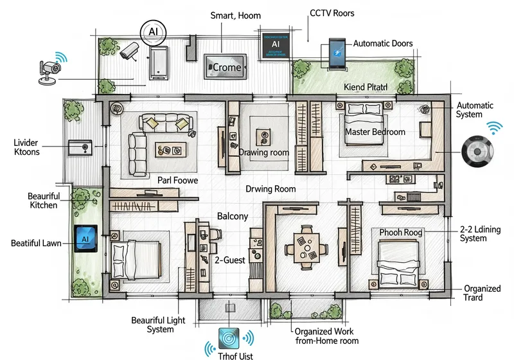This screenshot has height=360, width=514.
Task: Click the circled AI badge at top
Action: coord(153,31)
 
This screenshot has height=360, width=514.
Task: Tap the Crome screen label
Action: coord(226,67)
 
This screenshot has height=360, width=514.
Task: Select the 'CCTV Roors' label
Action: coord(332,12)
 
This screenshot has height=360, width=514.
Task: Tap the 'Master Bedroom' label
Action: coord(375,132)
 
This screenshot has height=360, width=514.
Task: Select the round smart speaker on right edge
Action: coord(478,152)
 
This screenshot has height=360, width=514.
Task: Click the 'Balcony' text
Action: coord(232,216)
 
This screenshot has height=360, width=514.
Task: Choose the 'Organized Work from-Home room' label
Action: coord(326,336)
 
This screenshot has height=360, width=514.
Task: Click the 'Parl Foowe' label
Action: coord(178,181)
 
